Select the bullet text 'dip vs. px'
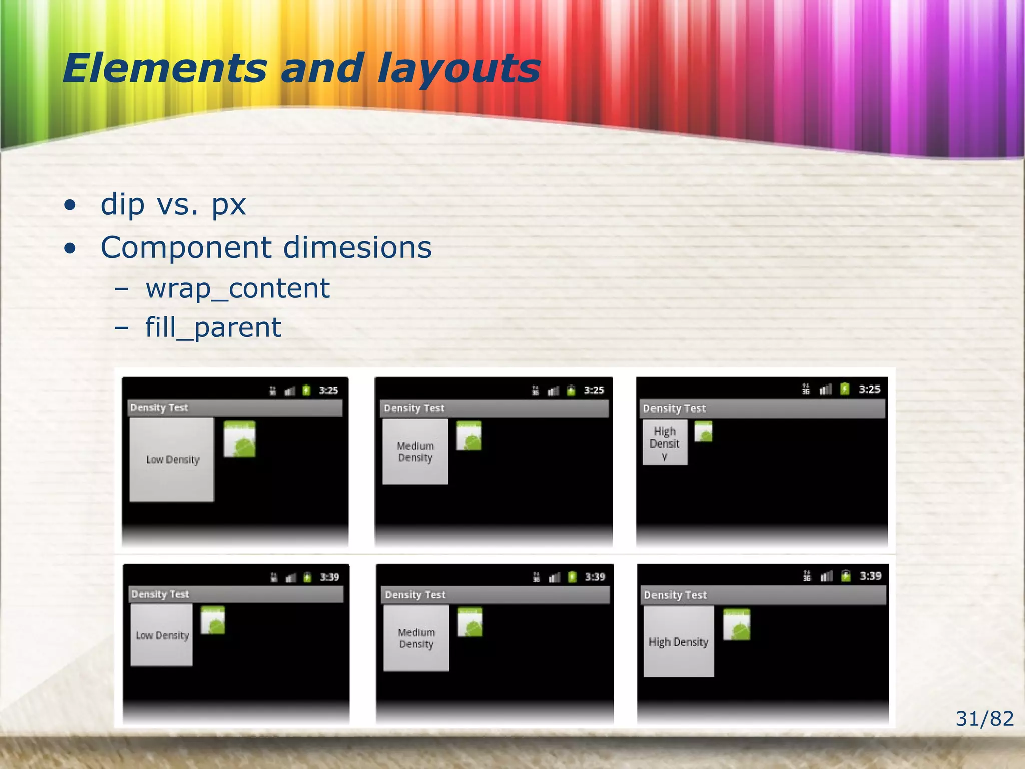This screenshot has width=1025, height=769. pos(173,204)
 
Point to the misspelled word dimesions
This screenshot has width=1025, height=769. pos(357,247)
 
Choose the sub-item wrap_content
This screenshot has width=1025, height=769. pos(237,288)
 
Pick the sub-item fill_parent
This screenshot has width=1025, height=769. pos(213,327)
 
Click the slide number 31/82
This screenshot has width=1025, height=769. pos(984,719)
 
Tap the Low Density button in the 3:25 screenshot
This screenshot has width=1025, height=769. pos(172,459)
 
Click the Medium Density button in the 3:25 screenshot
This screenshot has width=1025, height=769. pos(415,452)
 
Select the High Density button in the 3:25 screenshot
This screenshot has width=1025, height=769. pos(665,443)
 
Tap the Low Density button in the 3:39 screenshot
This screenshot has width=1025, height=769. pos(162,635)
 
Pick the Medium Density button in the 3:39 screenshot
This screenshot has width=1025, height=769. pos(416,638)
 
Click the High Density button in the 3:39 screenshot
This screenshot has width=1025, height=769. pos(678,641)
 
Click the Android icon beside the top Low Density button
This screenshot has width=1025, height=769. pos(239,439)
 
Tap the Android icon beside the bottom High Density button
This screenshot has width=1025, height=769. pos(736,624)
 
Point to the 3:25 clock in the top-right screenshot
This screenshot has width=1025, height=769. pos(869,389)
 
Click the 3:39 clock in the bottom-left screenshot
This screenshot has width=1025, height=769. pos(329,577)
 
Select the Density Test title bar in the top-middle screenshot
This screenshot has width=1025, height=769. pos(493,408)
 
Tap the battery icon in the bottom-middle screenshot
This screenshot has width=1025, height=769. pos(572,577)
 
